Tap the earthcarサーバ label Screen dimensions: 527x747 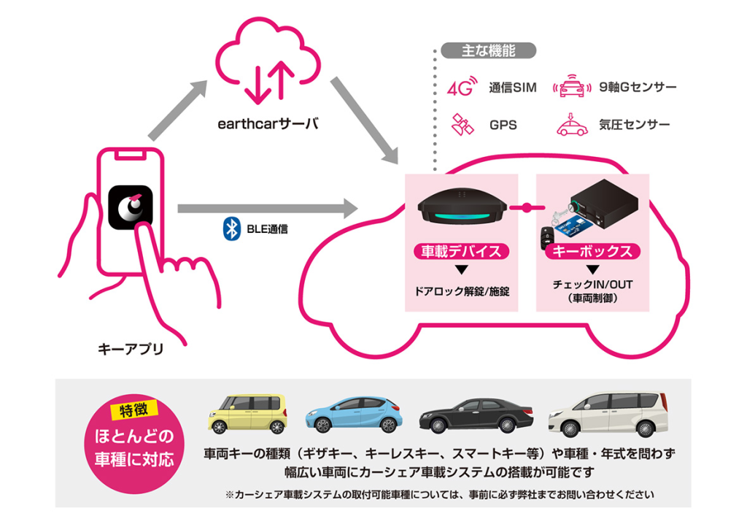[268, 123]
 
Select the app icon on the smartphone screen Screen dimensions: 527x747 [130, 206]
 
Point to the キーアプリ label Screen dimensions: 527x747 [131, 349]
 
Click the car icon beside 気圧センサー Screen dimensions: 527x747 [572, 125]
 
